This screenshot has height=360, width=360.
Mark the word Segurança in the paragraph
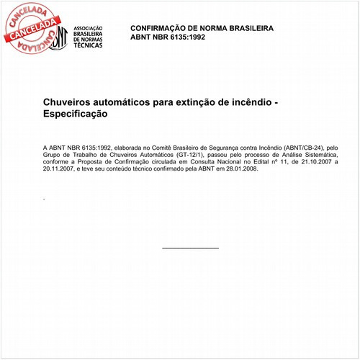coord(201,146)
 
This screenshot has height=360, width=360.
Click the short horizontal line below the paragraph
coord(190,248)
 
